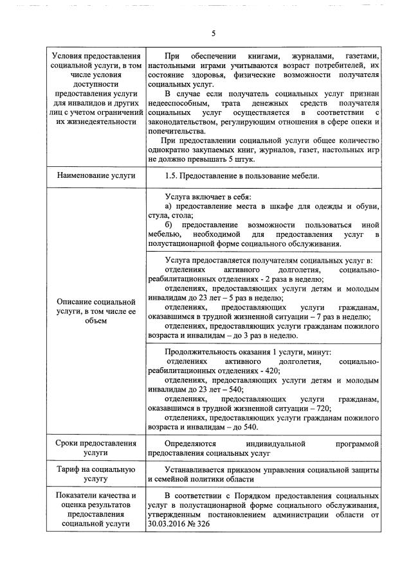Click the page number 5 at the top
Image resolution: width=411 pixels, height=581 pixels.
(x=213, y=33)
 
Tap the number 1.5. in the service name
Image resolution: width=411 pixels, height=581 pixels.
(x=175, y=175)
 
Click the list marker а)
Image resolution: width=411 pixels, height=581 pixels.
(x=170, y=206)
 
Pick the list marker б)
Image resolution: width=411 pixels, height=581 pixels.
(x=169, y=225)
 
